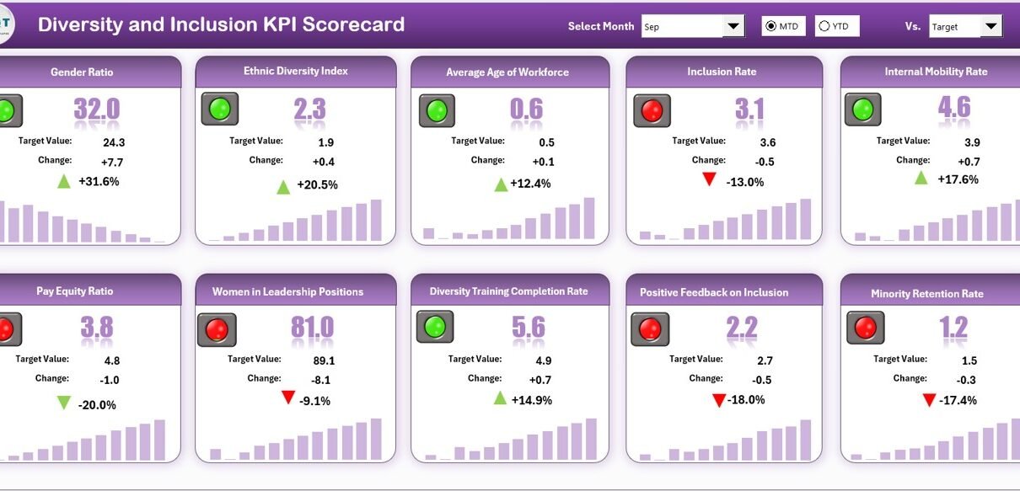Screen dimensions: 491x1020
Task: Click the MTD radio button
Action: [770, 26]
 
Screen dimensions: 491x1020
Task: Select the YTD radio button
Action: [824, 26]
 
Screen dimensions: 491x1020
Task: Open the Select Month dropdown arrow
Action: [733, 26]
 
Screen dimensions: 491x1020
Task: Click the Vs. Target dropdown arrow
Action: [991, 26]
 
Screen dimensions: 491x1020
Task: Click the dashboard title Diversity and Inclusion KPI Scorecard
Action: [221, 24]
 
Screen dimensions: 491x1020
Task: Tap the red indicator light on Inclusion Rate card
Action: [652, 110]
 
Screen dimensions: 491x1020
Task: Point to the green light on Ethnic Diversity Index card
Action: [220, 109]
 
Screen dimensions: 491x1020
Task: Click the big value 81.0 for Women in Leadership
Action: [312, 327]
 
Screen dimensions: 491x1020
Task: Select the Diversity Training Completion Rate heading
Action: [508, 291]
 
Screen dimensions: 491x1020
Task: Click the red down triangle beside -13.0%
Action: [709, 179]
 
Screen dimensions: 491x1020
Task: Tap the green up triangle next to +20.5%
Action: [283, 186]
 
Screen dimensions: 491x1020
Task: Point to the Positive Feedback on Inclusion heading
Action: [714, 292]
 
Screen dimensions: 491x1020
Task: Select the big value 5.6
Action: [528, 327]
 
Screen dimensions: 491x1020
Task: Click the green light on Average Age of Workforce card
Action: [437, 110]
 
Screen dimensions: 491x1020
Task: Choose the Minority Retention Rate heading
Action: [927, 294]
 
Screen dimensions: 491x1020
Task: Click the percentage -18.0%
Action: [748, 400]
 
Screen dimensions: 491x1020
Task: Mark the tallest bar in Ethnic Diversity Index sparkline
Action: [376, 220]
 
